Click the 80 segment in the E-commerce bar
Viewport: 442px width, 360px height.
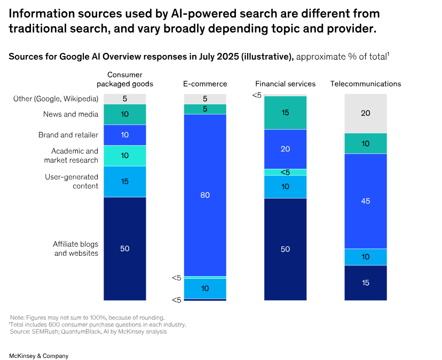pos(205,195)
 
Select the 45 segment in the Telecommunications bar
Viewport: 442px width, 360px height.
pos(365,201)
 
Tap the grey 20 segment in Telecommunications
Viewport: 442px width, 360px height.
pos(365,113)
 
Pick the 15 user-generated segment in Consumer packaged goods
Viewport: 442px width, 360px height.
pos(125,182)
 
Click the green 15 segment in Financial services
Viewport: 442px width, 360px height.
pos(285,113)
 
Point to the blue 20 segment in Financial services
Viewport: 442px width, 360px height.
pos(285,149)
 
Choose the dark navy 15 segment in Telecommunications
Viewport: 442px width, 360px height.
pos(365,283)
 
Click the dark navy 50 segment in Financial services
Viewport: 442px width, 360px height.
pos(285,249)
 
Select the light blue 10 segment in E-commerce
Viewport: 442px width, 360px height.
pos(205,288)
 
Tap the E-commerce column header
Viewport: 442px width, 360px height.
pos(205,84)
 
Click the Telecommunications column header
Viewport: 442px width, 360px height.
pos(365,84)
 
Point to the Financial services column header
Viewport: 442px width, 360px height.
pos(285,84)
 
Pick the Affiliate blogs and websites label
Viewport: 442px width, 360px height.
pos(75,248)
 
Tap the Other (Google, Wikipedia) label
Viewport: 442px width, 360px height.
pos(56,99)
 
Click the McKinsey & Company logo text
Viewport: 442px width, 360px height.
pos(38,356)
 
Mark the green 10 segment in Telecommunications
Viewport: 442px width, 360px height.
pos(365,143)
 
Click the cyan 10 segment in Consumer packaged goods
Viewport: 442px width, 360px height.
pos(125,155)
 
